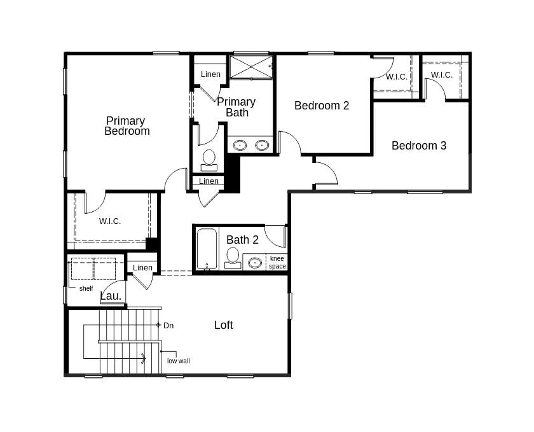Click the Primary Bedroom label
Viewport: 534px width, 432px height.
(127, 126)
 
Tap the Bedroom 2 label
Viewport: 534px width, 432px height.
(322, 106)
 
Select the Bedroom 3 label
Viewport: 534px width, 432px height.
(419, 146)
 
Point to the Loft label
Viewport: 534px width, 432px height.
(224, 325)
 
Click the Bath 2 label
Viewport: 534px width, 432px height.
(242, 240)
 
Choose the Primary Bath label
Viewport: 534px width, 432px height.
(236, 107)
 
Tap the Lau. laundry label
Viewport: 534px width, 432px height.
(111, 296)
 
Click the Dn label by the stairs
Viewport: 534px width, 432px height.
(168, 326)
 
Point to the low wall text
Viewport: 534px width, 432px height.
(179, 361)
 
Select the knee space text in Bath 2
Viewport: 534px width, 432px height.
(277, 262)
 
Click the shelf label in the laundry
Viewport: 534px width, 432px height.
(86, 289)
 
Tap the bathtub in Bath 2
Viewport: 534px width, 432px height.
(207, 249)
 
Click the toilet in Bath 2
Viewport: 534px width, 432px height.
(233, 258)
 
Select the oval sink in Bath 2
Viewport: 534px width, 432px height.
(255, 262)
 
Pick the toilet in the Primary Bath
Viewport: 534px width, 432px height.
(209, 160)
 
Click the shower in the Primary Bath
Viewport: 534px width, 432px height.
(251, 67)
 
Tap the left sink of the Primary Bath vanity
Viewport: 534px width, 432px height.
(240, 145)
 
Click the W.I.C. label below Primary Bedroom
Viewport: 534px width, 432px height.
(110, 221)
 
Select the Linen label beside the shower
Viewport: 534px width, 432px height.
(210, 74)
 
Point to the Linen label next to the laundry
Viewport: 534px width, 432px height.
(142, 268)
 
